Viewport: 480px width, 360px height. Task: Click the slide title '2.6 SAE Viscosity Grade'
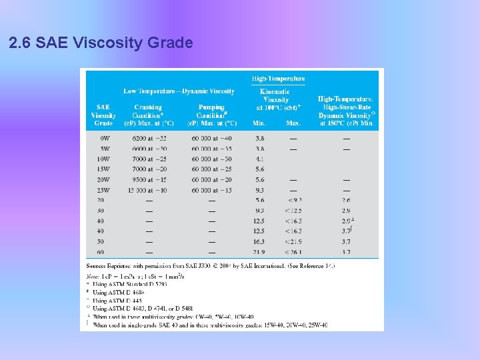point(101,43)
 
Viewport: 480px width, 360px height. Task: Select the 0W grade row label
point(103,138)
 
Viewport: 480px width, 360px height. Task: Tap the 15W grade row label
point(103,169)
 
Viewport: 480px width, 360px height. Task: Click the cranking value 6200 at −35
point(149,138)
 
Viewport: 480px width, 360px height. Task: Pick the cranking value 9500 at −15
point(149,180)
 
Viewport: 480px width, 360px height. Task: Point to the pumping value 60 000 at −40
point(212,138)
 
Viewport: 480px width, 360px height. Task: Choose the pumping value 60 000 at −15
point(212,191)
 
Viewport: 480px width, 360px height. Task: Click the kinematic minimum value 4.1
point(259,159)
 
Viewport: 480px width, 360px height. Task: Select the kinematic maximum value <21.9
point(294,242)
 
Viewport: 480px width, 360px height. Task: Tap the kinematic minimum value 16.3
point(259,242)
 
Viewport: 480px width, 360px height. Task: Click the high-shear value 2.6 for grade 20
point(346,200)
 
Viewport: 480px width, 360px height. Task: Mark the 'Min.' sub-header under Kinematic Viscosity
point(259,123)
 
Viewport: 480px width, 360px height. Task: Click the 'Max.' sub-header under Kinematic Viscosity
point(293,123)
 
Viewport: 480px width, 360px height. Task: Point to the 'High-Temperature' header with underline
point(278,79)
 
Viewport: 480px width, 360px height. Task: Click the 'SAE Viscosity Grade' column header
point(103,115)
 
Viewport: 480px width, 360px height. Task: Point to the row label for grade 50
point(101,242)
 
